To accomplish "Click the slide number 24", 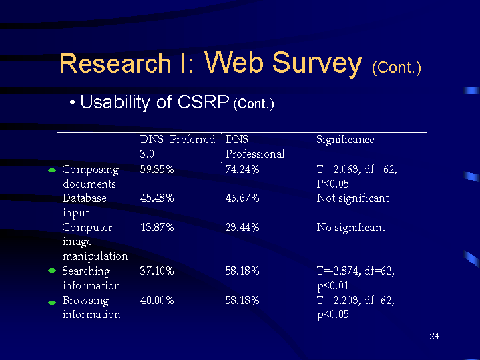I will pos(434,336).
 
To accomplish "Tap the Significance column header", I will pos(345,140).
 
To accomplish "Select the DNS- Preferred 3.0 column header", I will pos(177,146).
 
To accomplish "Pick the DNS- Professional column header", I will pos(255,146).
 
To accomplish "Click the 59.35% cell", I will pos(157,170).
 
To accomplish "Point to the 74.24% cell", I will pos(242,170).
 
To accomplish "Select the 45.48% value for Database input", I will pos(157,198).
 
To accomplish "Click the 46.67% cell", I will pos(242,198).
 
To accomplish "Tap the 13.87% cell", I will pos(157,228).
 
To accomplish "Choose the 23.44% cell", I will pos(242,228).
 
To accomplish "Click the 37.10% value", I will pos(157,271).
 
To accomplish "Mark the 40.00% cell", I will pos(157,301).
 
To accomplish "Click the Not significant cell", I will pos(352,198).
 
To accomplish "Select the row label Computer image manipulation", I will pos(94,242).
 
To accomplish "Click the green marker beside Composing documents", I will pos(53,171).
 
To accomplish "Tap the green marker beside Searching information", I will pos(53,272).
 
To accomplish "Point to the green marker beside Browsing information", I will pos(53,302).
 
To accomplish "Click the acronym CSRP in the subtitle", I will pos(204,102).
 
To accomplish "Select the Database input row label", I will pos(84,205).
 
